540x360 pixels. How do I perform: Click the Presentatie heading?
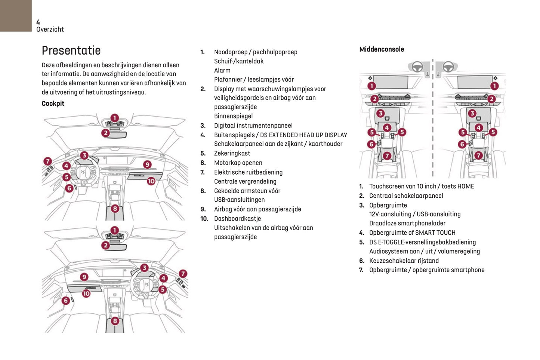[x=71, y=50]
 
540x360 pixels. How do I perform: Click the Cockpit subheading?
[x=53, y=104]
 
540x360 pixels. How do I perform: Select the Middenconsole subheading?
[x=382, y=49]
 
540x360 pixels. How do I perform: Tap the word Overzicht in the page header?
[x=50, y=29]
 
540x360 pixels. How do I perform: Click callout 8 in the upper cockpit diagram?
[x=115, y=209]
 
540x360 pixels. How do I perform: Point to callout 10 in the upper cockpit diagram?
[x=151, y=181]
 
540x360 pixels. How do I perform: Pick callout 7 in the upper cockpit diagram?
[x=47, y=161]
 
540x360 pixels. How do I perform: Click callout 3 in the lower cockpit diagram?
[x=144, y=268]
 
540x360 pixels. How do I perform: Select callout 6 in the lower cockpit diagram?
[x=66, y=300]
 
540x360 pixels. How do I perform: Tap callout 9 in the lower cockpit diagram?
[x=84, y=277]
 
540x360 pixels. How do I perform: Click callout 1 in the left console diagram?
[x=371, y=86]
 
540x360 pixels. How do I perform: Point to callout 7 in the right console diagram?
[x=478, y=155]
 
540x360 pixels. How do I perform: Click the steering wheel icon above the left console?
[x=417, y=67]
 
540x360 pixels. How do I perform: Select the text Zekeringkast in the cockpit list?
[x=232, y=153]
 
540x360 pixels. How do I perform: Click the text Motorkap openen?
[x=238, y=163]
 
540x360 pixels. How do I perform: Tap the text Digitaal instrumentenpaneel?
[x=253, y=126]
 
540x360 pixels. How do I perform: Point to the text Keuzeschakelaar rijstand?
[x=404, y=261]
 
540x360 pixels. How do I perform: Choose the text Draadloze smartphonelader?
[x=407, y=223]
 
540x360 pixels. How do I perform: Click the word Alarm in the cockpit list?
[x=222, y=70]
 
